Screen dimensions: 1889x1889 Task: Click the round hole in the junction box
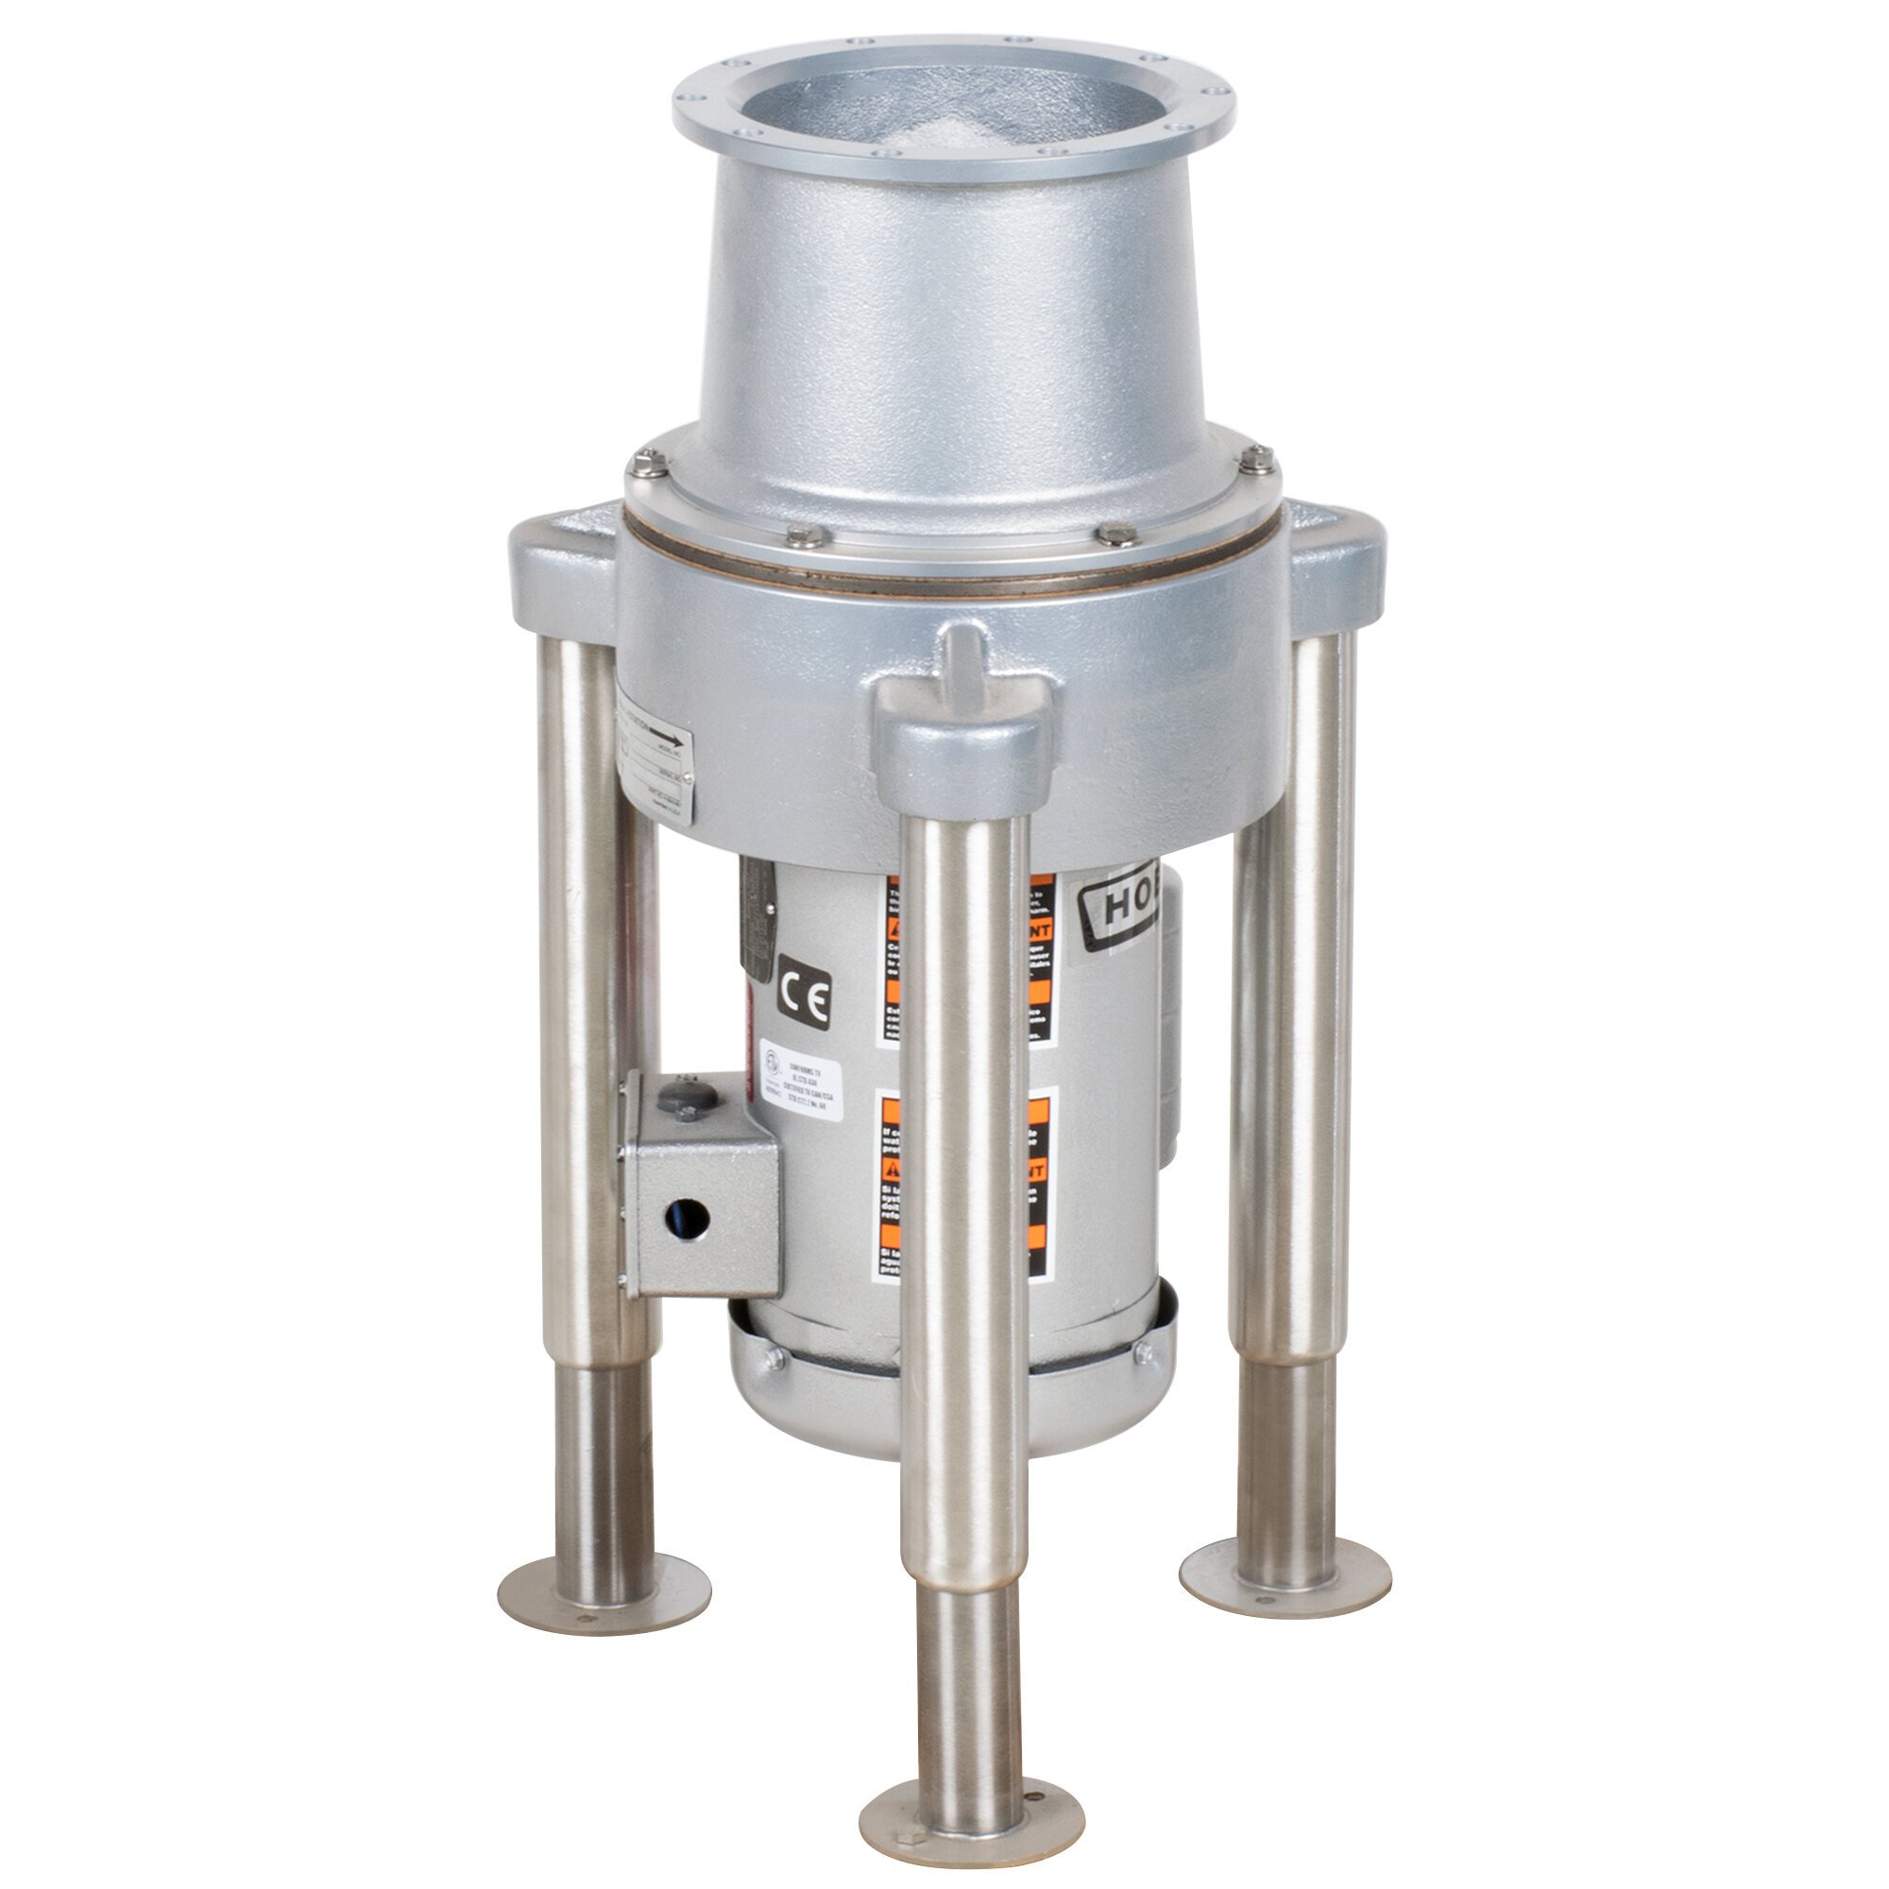[688, 1217]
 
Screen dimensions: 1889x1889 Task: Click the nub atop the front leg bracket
[963, 649]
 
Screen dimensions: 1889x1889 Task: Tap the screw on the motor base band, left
[774, 1356]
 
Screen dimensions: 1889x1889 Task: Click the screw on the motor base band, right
[1141, 1353]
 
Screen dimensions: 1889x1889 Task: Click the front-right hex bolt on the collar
[1115, 534]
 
